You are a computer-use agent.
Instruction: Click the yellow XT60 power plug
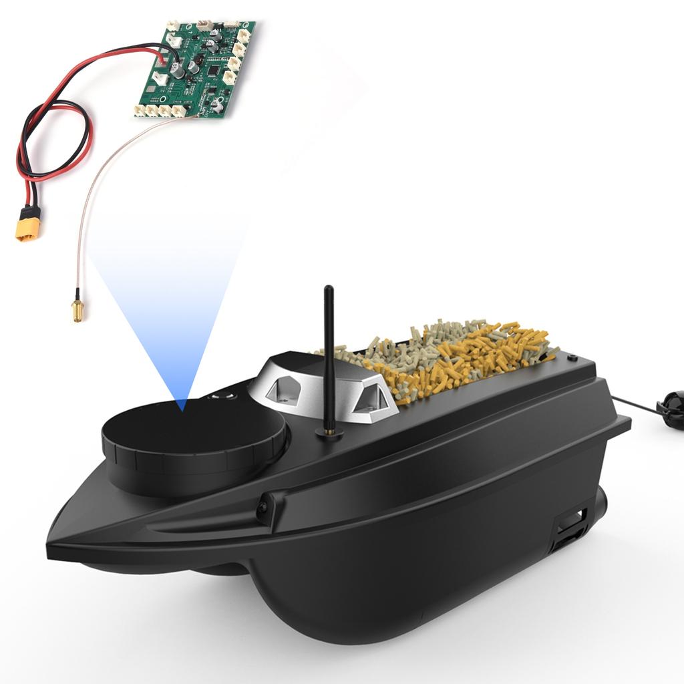pos(28,224)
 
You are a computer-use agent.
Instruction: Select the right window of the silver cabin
pos(369,399)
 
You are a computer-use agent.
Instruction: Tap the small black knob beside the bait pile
pos(572,358)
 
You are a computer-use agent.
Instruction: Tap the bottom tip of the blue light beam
pos(182,406)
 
